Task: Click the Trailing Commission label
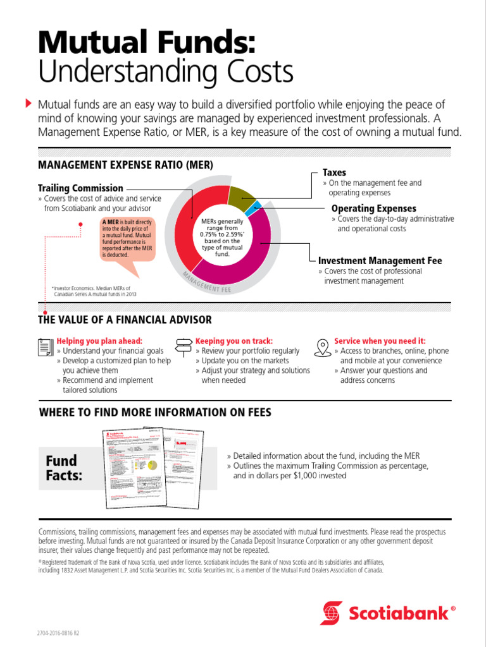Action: (80, 188)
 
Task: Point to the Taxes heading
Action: (334, 172)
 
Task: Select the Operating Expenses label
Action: (373, 209)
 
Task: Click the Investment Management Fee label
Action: (380, 260)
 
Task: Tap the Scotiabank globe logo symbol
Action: (332, 613)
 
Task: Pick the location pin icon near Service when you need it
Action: (323, 347)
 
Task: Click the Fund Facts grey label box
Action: (65, 468)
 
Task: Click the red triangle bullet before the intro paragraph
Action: (28, 102)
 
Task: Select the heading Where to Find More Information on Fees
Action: (155, 413)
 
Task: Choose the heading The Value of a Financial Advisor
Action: (125, 320)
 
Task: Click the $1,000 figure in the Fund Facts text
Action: (308, 475)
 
